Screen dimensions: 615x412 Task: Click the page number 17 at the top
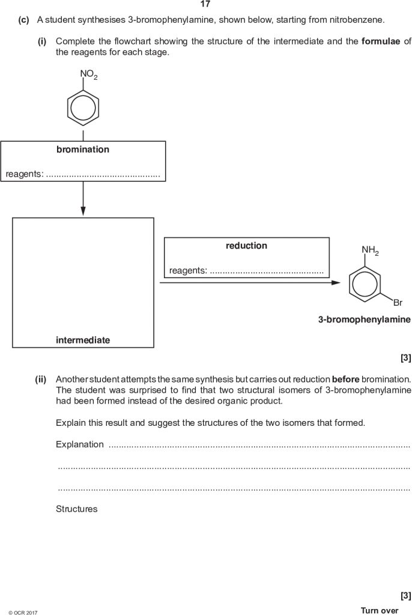205,4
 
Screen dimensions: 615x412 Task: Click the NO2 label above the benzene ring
88,74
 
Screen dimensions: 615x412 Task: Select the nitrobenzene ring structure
83,108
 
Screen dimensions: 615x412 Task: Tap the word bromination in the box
83,150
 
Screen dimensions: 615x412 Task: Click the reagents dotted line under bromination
103,175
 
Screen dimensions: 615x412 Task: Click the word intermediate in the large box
83,340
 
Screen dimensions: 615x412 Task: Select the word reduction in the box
246,246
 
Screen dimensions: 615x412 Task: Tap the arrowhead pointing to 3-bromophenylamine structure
335,282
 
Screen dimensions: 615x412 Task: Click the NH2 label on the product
370,250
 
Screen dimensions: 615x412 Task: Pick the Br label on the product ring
398,303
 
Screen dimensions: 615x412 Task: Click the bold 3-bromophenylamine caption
364,320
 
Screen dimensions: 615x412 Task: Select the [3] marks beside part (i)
405,359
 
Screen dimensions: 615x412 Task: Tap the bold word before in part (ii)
345,380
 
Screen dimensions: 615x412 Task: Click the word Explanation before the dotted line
80,444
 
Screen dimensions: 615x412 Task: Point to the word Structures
76,509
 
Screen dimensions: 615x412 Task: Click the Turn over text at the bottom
379,610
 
